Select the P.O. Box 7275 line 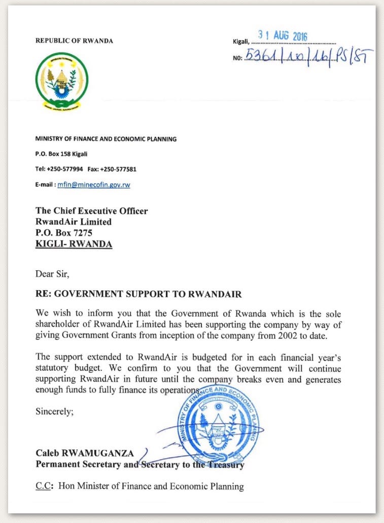coord(63,233)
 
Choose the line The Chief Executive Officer coord(91,211)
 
